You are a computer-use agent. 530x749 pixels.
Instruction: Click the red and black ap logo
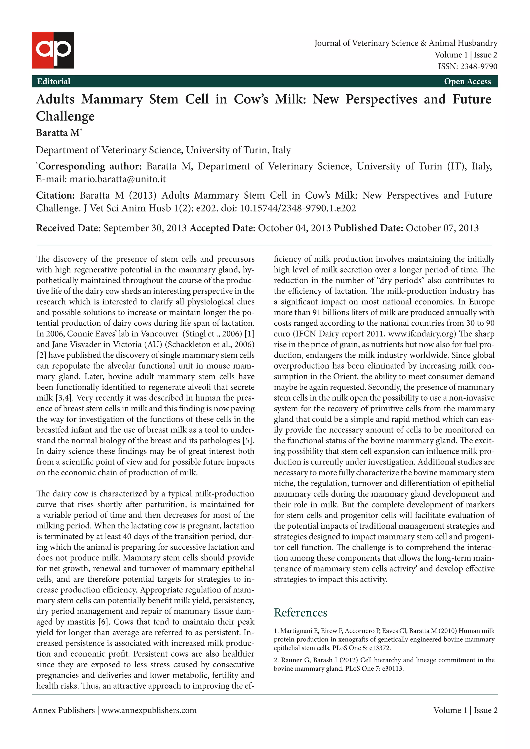click(x=53, y=50)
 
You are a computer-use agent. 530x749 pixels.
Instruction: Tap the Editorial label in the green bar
click(x=54, y=81)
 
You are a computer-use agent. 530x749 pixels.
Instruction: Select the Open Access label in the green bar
click(x=467, y=81)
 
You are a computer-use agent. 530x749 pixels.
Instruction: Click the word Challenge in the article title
click(x=65, y=116)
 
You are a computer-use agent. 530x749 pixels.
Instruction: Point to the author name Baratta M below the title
click(x=58, y=133)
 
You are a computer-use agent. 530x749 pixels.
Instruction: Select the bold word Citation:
click(x=55, y=196)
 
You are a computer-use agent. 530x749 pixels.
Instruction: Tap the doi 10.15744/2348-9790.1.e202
click(x=298, y=208)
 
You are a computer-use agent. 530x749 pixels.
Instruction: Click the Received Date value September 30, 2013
click(x=145, y=228)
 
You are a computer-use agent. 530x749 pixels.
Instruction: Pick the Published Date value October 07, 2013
click(x=442, y=228)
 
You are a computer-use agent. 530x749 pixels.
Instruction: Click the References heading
click(x=300, y=613)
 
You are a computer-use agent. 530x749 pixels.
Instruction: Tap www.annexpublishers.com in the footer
click(x=149, y=710)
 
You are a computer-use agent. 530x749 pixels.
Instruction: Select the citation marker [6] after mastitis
click(x=104, y=622)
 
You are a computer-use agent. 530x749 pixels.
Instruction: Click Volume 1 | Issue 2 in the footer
click(x=465, y=710)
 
